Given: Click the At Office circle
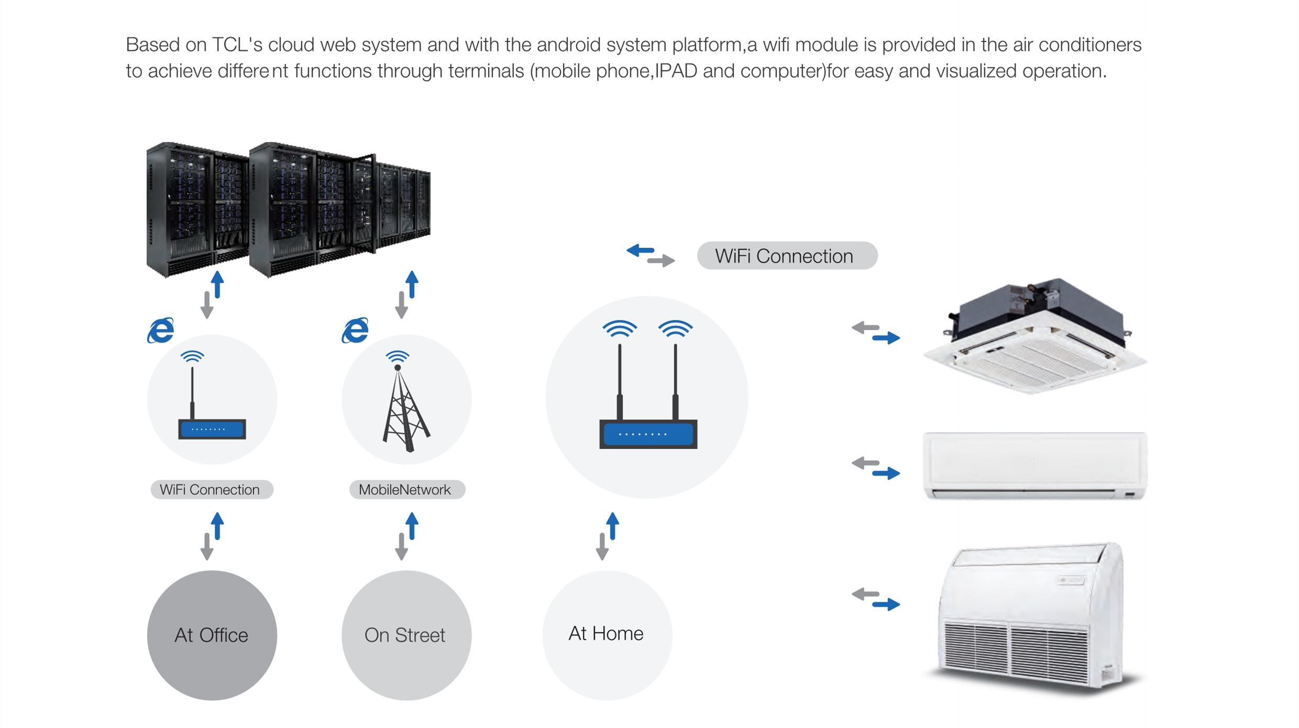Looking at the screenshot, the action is (212, 635).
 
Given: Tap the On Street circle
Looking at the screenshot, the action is (406, 635).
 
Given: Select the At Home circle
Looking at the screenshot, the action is (607, 635).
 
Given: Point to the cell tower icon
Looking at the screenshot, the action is (405, 401).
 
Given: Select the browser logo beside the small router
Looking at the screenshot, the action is (161, 330).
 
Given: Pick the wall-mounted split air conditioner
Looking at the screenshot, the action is (1034, 466).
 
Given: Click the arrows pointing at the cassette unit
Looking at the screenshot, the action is (876, 333).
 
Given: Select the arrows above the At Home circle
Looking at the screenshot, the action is (608, 536).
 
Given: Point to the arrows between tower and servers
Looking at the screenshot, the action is (407, 295).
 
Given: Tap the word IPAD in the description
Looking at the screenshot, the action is (676, 71).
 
